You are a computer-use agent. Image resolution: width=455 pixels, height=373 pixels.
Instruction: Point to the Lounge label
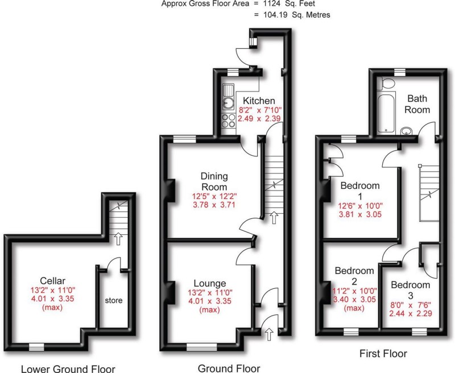[210, 283]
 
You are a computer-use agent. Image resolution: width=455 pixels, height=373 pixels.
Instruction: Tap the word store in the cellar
[113, 300]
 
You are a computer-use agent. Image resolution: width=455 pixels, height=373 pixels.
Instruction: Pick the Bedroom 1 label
[359, 190]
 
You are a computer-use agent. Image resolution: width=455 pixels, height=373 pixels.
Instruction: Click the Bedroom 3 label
[409, 290]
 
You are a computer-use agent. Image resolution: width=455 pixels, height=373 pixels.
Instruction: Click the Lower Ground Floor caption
[68, 368]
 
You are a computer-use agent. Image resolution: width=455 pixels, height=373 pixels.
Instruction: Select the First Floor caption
[383, 354]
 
